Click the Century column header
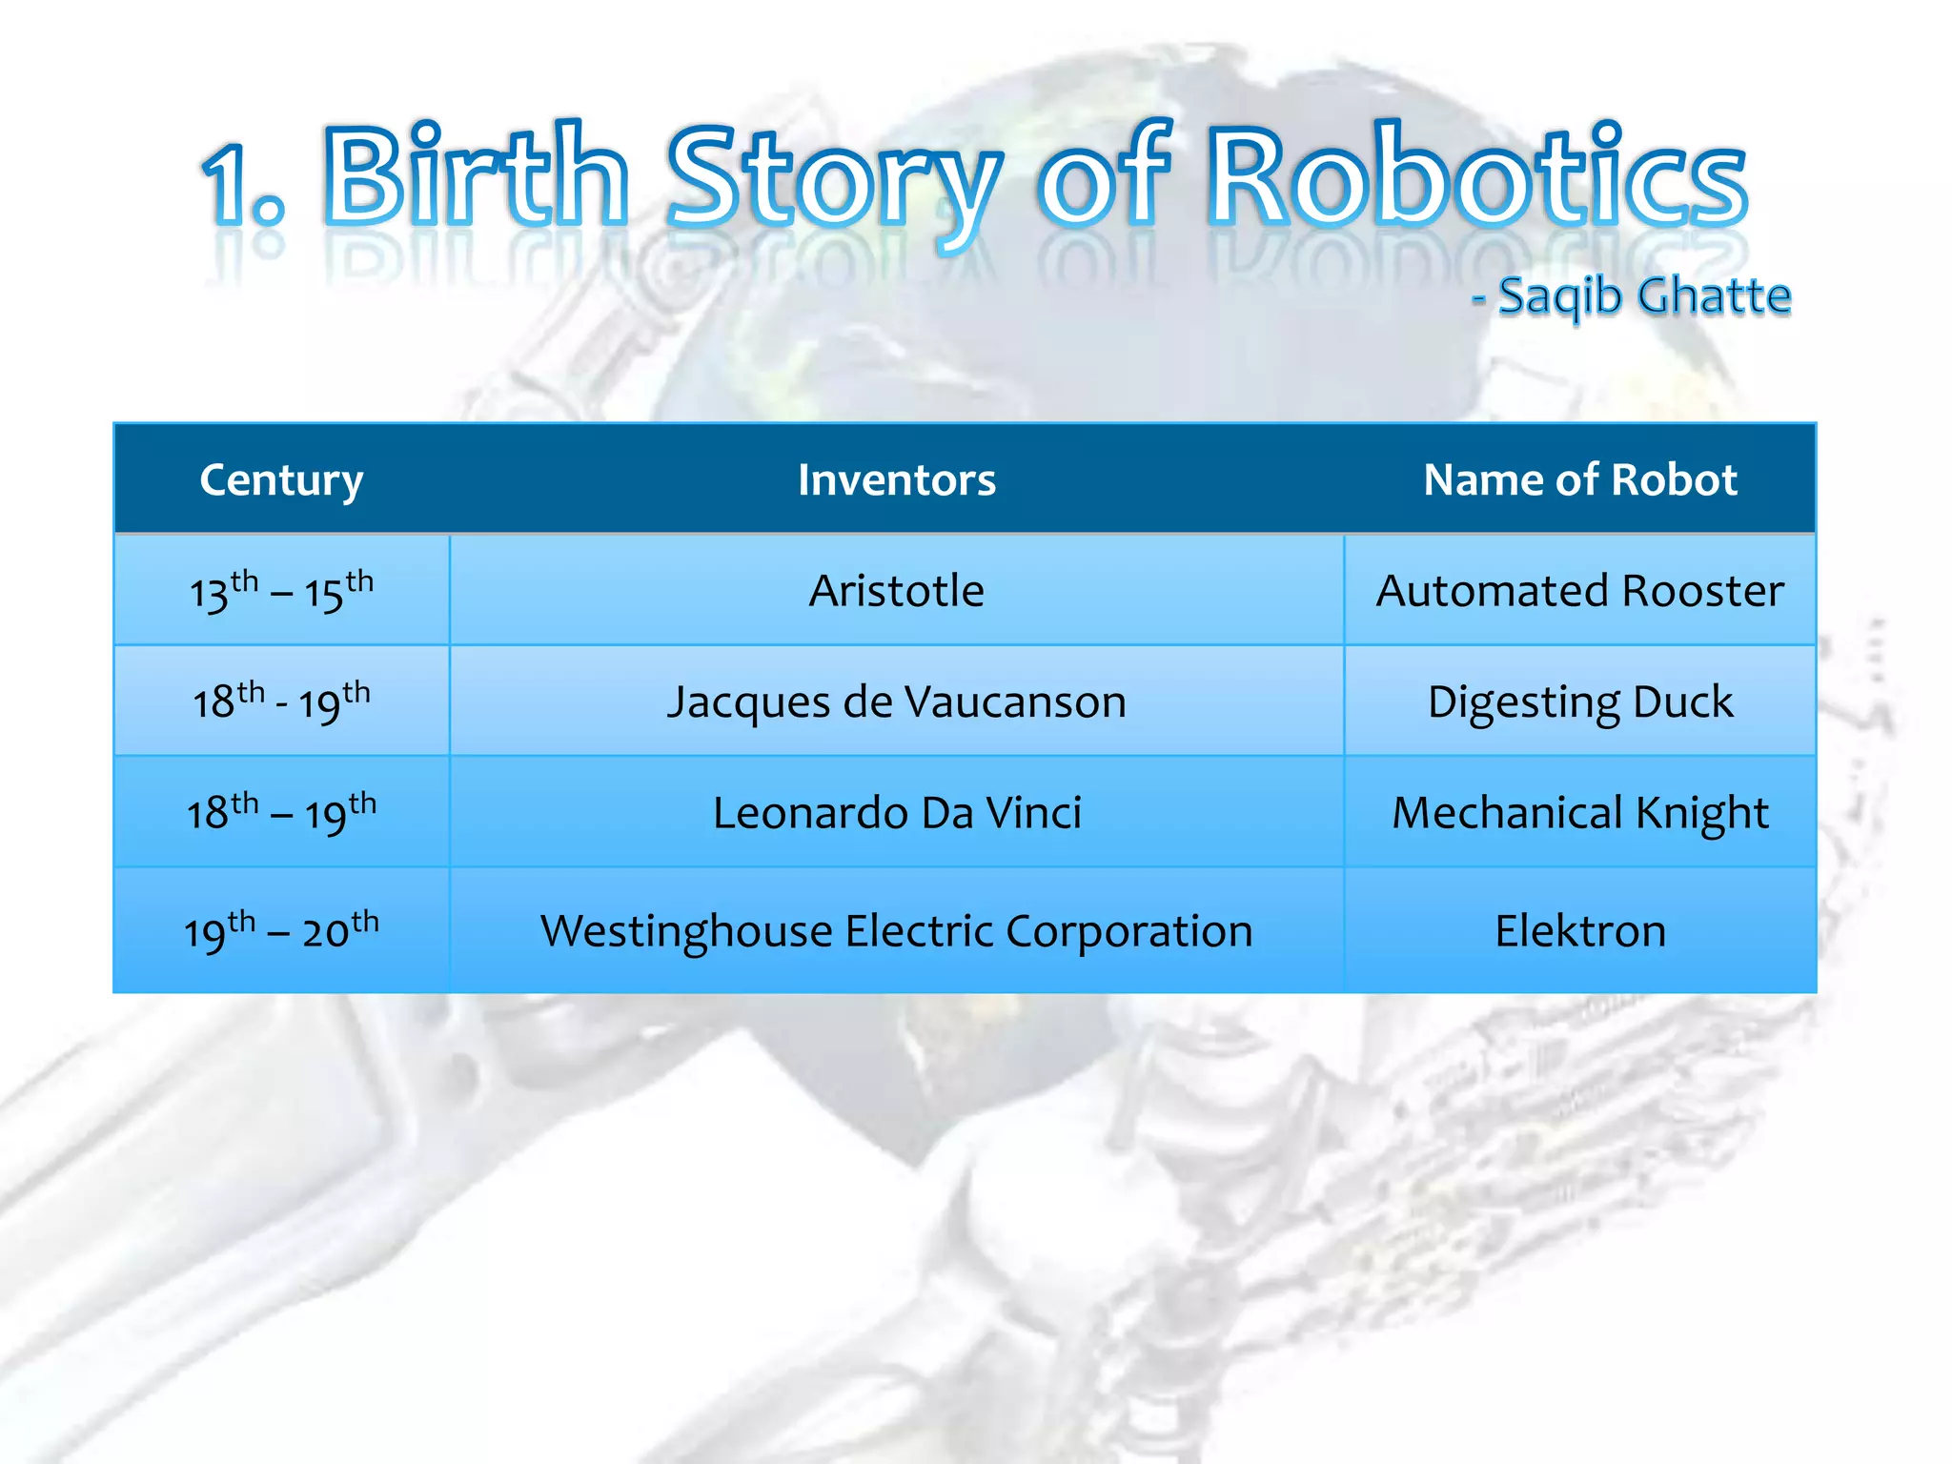[x=281, y=479]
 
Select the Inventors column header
[x=896, y=479]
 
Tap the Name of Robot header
[x=1579, y=479]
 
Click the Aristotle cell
[x=896, y=591]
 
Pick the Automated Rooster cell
[x=1579, y=591]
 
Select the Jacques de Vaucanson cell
[x=896, y=702]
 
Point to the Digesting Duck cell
[x=1579, y=702]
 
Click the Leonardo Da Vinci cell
[x=896, y=813]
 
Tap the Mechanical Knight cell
[x=1579, y=813]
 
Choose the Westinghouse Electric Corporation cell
[x=896, y=931]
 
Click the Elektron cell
[x=1579, y=931]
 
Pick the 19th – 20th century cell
[x=281, y=931]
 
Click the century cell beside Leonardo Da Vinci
[x=281, y=813]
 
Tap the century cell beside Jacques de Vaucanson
[x=281, y=702]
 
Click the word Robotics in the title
[x=1477, y=179]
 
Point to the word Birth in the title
[x=477, y=179]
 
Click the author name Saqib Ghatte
[x=1644, y=295]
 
